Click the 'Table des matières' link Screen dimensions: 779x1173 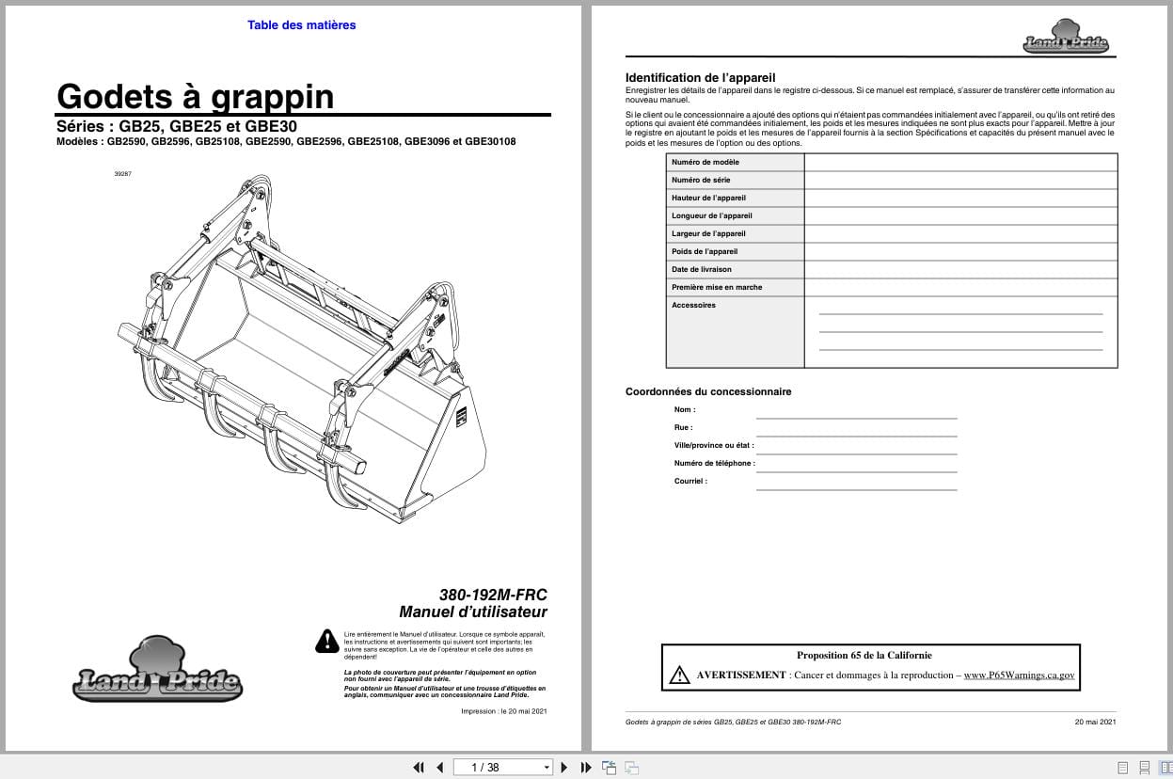point(301,25)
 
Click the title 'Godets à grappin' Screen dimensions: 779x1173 point(195,96)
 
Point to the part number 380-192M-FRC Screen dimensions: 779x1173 point(493,595)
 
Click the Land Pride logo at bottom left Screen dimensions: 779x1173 point(157,672)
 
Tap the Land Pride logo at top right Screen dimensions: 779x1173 point(1066,38)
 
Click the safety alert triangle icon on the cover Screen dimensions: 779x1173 point(326,641)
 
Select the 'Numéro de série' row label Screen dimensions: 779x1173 point(701,180)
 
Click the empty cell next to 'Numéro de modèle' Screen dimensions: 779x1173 point(959,162)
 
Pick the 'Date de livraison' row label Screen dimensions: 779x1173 point(702,269)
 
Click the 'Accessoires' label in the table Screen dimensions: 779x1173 point(693,305)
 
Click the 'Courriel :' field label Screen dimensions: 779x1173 point(690,481)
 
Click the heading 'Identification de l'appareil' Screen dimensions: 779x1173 point(700,77)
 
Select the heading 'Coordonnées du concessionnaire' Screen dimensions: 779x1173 point(708,391)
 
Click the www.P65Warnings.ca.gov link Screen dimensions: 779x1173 point(1019,675)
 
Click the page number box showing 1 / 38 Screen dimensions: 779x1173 point(502,767)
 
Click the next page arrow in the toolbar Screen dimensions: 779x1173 point(564,767)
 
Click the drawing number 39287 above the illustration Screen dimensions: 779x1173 point(122,173)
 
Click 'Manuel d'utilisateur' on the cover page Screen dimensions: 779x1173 point(472,612)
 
